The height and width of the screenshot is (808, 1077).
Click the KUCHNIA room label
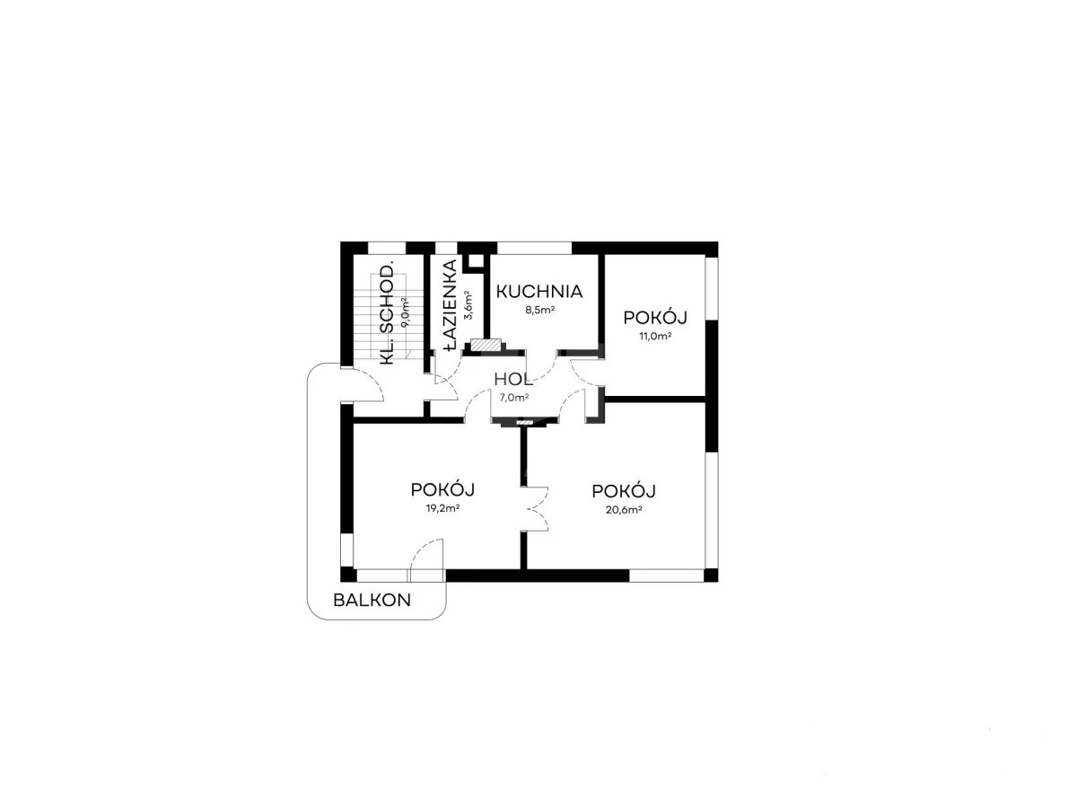click(x=539, y=292)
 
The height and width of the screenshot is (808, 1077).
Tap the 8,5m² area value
click(x=539, y=310)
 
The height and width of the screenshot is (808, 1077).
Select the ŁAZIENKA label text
click(x=450, y=305)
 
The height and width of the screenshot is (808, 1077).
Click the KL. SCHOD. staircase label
click(x=388, y=314)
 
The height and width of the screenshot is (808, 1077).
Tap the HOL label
click(x=513, y=379)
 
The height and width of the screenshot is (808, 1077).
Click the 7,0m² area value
click(x=514, y=398)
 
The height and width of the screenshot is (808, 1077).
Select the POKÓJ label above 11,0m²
click(x=654, y=318)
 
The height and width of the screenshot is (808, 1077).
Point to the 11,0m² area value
click(x=654, y=337)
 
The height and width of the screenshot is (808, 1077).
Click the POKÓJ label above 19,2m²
click(x=442, y=489)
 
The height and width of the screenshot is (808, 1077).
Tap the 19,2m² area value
click(x=442, y=509)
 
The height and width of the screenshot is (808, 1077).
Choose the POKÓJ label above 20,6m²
click(x=624, y=491)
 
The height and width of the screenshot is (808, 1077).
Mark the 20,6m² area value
click(x=624, y=510)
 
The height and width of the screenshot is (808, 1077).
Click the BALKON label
click(x=372, y=600)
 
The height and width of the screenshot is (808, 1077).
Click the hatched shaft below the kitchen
click(x=486, y=345)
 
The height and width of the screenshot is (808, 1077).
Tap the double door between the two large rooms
click(x=536, y=508)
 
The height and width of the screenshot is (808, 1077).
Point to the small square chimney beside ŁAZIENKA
click(x=476, y=261)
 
